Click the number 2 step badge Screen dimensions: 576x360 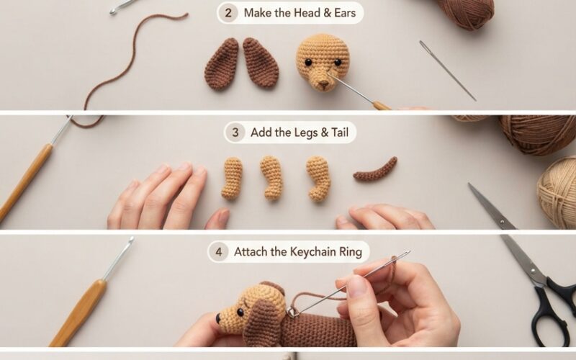tap(228, 13)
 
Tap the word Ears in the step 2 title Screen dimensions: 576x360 tap(345, 13)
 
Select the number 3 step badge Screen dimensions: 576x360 tap(235, 132)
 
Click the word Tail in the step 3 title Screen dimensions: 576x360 tap(340, 132)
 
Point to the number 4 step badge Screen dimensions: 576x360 tap(219, 252)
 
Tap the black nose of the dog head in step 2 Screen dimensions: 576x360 tap(323, 84)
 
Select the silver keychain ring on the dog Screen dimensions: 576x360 tap(292, 312)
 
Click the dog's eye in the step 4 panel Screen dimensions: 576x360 tap(240, 312)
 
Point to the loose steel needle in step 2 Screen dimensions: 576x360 tap(447, 71)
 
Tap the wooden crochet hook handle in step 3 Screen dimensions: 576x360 tap(25, 182)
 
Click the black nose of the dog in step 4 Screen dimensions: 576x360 tap(218, 318)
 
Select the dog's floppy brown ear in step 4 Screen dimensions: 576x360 tap(261, 321)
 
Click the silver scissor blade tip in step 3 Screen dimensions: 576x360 tap(470, 185)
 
